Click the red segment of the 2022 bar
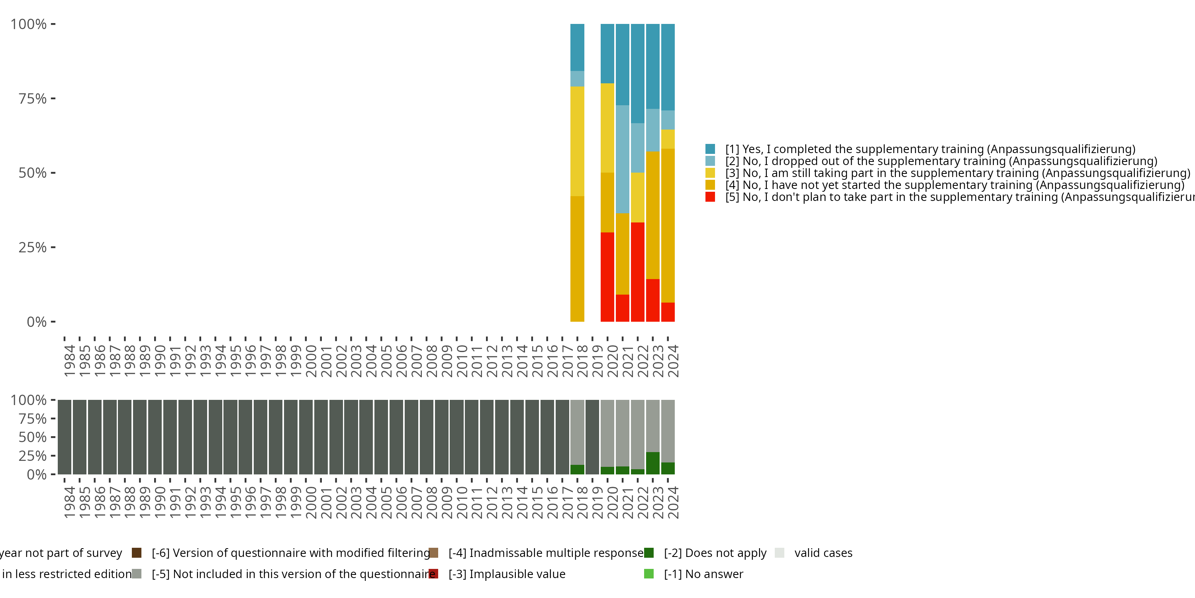637,271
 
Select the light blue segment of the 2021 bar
623,159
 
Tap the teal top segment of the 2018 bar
577,47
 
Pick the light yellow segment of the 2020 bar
607,128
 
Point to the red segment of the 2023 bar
653,300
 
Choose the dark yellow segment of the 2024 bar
668,225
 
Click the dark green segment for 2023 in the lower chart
653,463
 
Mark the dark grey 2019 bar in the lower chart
592,437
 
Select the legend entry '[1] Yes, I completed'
930,149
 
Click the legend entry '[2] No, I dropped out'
941,161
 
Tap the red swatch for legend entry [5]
710,197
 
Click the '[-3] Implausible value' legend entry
507,574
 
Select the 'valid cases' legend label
823,553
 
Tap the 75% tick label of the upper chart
33,98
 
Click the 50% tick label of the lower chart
33,437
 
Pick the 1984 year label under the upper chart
70,360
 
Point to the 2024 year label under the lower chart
673,502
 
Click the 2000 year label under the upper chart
311,360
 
